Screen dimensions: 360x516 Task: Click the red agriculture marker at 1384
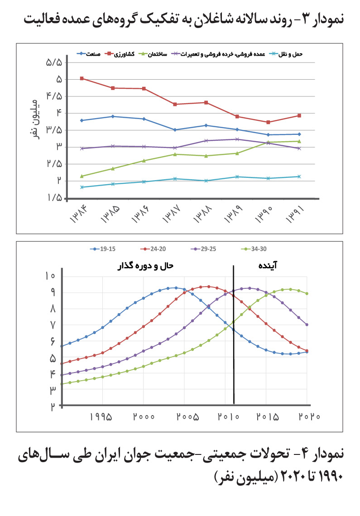pyautogui.click(x=82, y=78)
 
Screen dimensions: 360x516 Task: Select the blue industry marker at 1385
pyautogui.click(x=113, y=116)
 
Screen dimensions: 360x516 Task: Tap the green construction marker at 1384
pyautogui.click(x=82, y=176)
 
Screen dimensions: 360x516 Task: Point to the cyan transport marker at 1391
pyautogui.click(x=299, y=177)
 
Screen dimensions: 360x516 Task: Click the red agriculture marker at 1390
pyautogui.click(x=268, y=122)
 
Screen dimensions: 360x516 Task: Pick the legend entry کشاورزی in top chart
pyautogui.click(x=120, y=54)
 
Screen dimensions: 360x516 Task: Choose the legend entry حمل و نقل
pyautogui.click(x=286, y=54)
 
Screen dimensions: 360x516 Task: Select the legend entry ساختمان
pyautogui.click(x=153, y=54)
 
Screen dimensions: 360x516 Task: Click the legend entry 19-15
pyautogui.click(x=103, y=249)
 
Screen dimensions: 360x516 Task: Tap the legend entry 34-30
pyautogui.click(x=254, y=249)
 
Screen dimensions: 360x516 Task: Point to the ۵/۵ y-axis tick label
pyautogui.click(x=54, y=62)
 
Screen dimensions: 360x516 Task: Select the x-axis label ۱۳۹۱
pyautogui.click(x=295, y=214)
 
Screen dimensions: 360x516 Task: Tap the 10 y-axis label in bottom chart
pyautogui.click(x=50, y=276)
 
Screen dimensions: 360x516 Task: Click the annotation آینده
pyautogui.click(x=268, y=265)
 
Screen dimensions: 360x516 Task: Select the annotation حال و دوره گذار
pyautogui.click(x=145, y=266)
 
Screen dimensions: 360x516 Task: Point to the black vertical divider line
pyautogui.click(x=234, y=334)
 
